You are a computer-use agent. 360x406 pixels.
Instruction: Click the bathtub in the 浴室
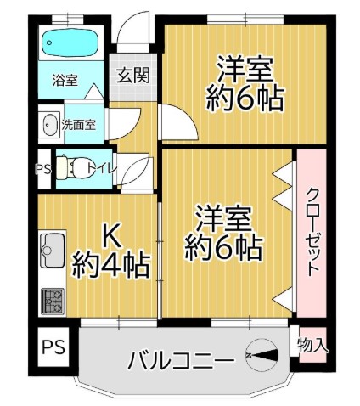click(70, 42)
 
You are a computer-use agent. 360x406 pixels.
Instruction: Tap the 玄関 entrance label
click(133, 75)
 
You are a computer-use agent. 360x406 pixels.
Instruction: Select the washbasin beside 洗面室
click(50, 125)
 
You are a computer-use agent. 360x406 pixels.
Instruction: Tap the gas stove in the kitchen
click(53, 302)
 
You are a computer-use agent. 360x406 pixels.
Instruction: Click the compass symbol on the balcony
click(262, 355)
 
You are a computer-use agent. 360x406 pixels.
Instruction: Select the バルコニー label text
click(182, 359)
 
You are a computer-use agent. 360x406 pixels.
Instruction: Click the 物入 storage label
click(312, 346)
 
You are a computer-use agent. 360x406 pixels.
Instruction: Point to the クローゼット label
click(312, 232)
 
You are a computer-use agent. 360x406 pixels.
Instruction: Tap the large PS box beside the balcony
click(53, 347)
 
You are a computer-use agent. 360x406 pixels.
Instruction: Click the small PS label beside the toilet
click(43, 170)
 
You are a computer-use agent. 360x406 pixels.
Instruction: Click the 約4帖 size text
click(110, 264)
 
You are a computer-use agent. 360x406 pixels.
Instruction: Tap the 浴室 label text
click(65, 81)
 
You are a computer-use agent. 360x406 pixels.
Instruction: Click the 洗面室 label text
click(78, 125)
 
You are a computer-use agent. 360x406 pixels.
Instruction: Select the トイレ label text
click(102, 168)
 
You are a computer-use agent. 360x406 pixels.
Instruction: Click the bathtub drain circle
click(49, 43)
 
